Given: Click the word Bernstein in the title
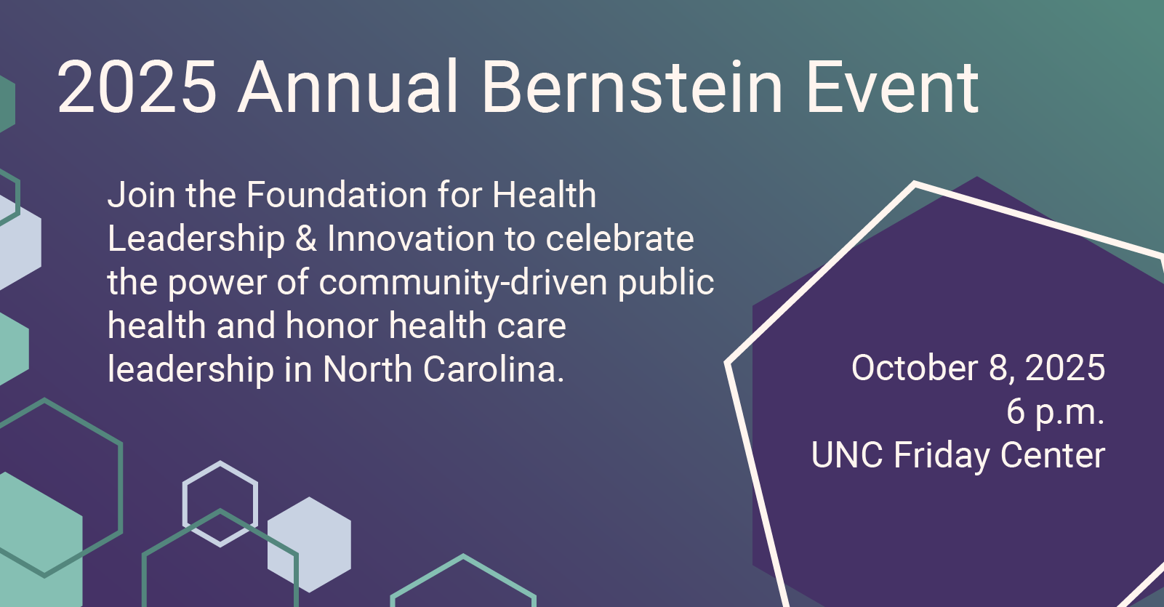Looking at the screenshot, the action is point(632,87).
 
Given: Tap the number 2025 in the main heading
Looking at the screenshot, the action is point(137,87).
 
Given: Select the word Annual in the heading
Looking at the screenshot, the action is point(348,86).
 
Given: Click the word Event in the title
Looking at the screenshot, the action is point(893,87).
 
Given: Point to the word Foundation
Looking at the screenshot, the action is point(337,195).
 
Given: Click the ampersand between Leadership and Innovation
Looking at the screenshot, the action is point(306,238).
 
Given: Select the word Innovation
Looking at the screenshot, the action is point(411,238).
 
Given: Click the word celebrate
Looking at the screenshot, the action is point(619,238).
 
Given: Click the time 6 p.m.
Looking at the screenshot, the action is point(1056,411).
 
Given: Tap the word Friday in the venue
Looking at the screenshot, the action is point(942,456).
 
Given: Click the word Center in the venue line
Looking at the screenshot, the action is point(1052,455).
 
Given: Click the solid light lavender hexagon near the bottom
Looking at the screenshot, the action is point(309,544).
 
